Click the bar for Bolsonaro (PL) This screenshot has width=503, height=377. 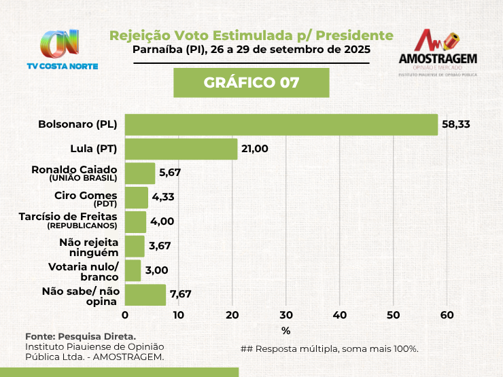pos(281,124)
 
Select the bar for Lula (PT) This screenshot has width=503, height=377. pos(181,149)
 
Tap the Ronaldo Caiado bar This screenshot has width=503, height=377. pos(140,173)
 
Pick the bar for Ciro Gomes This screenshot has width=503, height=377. pos(136,198)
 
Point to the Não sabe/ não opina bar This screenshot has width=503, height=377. pos(145,295)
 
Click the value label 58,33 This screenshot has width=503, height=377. pos(456,124)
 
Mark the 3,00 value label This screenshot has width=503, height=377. pos(156,270)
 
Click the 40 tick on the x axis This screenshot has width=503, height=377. pos(340,315)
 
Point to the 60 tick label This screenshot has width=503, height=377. pos(447,315)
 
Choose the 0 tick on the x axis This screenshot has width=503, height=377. pos(125,315)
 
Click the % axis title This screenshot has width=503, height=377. pos(285,331)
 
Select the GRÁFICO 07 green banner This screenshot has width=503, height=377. pos(251,83)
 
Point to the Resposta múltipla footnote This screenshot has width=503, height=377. pos(329,348)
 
